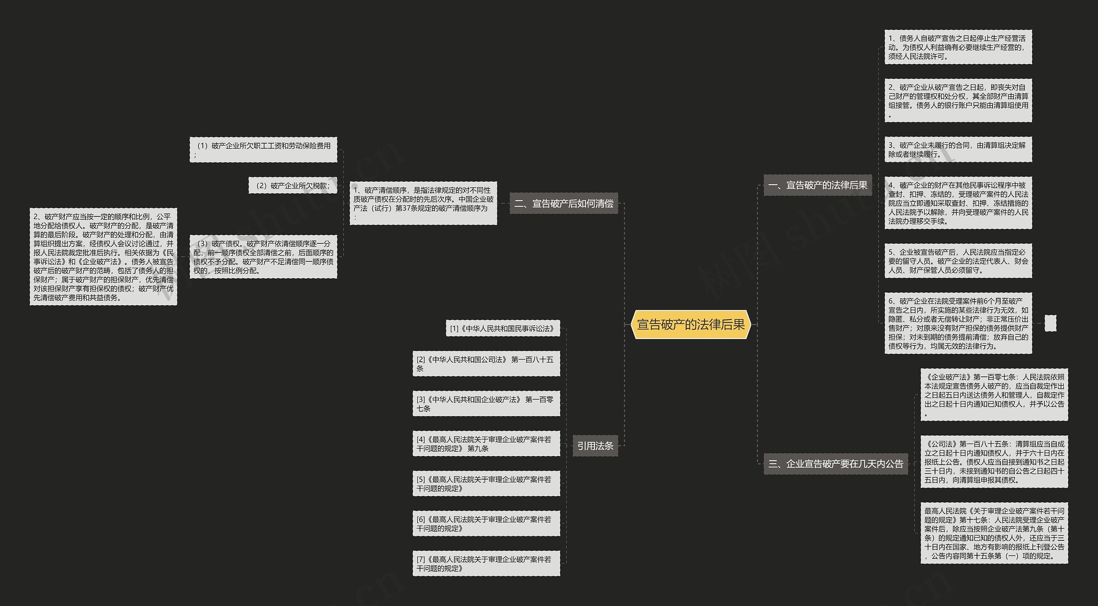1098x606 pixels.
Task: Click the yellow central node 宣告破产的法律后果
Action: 691,324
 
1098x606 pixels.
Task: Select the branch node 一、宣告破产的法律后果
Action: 817,185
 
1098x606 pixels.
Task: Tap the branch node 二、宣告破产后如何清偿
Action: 564,204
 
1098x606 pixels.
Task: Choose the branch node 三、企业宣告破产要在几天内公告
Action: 836,464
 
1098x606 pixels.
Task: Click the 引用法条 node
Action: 595,446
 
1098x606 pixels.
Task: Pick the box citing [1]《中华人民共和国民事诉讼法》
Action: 503,328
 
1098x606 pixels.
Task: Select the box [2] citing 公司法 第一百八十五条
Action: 486,364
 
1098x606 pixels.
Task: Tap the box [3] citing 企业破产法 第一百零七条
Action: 486,404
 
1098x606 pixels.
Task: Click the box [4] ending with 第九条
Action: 486,444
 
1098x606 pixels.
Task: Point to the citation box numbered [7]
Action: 486,564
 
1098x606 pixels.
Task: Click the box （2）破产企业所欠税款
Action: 293,186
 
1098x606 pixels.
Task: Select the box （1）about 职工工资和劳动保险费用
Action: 263,150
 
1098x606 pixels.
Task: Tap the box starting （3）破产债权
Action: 263,257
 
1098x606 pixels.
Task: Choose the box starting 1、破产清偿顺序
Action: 423,203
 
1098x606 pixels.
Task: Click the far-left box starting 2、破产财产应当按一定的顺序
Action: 103,257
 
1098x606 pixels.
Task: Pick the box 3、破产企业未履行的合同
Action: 958,150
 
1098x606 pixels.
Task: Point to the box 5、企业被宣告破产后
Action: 958,261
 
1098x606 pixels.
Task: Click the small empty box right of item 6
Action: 1050,323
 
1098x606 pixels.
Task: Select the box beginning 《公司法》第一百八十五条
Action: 994,462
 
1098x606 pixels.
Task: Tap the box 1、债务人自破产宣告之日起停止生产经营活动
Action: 958,47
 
